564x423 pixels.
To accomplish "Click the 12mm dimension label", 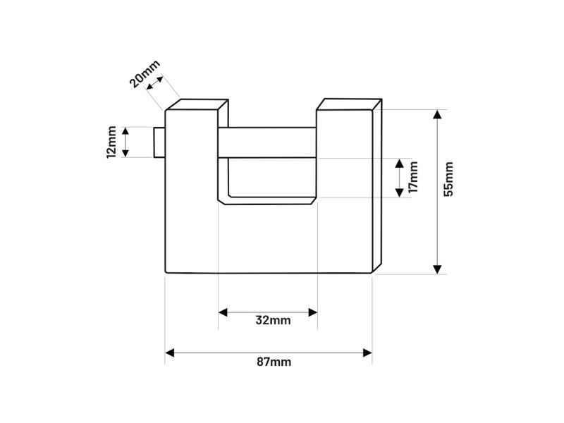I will point(111,142).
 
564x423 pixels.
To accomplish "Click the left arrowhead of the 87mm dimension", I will point(170,352).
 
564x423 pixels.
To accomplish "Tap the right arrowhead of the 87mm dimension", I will point(367,352).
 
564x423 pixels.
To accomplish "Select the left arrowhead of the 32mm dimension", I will point(223,311).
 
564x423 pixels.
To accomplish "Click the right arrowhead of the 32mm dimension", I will point(312,311).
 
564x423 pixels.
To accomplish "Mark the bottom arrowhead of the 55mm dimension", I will point(438,269).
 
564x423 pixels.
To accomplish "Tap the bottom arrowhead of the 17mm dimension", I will point(399,192).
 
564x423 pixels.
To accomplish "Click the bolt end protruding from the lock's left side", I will point(159,142).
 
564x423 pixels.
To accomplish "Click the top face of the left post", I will point(197,105).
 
